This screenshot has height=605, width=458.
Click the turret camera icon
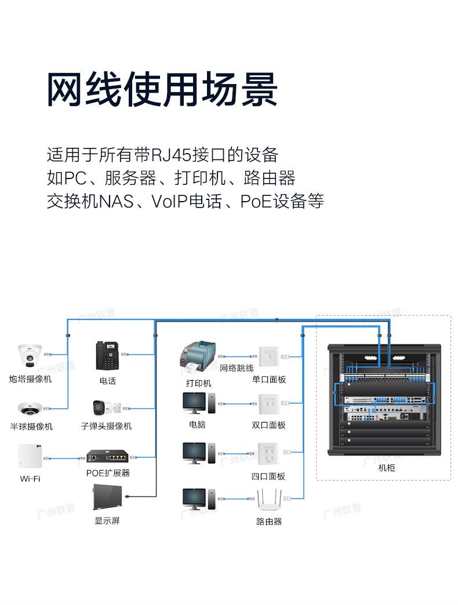pyautogui.click(x=30, y=355)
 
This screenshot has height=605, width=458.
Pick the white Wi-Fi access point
pyautogui.click(x=30, y=457)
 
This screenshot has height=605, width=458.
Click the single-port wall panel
pyautogui.click(x=268, y=356)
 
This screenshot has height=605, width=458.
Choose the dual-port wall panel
pyautogui.click(x=268, y=404)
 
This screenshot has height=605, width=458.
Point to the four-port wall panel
pyautogui.click(x=268, y=453)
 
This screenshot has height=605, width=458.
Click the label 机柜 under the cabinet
pyautogui.click(x=387, y=468)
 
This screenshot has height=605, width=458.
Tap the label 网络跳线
pyautogui.click(x=237, y=368)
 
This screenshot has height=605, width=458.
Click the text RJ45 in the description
pyautogui.click(x=170, y=155)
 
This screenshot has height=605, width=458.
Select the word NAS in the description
pyautogui.click(x=117, y=202)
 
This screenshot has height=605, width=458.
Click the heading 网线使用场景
pyautogui.click(x=162, y=89)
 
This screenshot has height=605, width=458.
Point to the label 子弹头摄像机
pyautogui.click(x=107, y=426)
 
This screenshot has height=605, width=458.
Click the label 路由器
pyautogui.click(x=269, y=522)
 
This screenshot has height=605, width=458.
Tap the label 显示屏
pyautogui.click(x=107, y=520)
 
